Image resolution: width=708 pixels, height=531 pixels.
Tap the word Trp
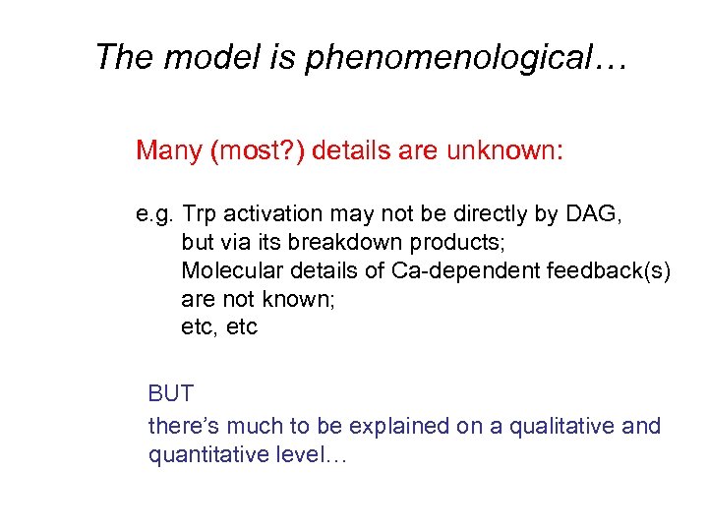201,213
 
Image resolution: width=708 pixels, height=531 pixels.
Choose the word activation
268,213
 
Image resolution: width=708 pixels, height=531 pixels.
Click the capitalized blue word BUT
170,394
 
